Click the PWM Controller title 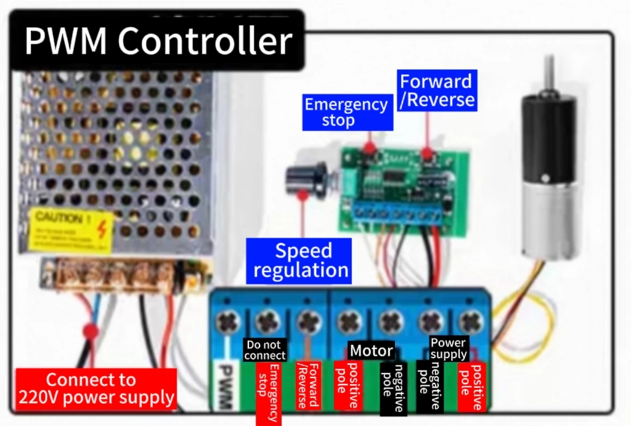tap(158, 41)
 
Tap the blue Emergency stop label tap(347, 112)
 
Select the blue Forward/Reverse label tap(437, 90)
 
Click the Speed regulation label tap(300, 260)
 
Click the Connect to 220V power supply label tap(96, 389)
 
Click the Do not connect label tap(265, 350)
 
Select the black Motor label tap(371, 351)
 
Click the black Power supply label tap(448, 348)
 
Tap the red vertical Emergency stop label tap(268, 393)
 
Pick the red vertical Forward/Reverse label tap(309, 386)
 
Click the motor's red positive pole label tap(347, 386)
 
